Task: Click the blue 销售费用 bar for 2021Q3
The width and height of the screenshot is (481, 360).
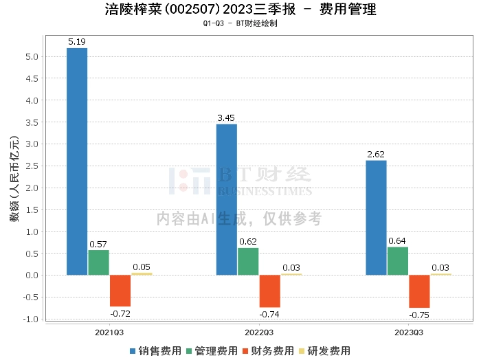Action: click(x=77, y=161)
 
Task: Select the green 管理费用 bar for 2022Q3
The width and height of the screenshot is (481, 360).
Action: click(x=248, y=261)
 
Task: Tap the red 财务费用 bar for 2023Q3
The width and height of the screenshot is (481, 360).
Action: click(x=419, y=291)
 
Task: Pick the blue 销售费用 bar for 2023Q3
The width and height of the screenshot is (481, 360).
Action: click(x=376, y=218)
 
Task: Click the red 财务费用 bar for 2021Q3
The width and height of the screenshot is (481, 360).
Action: click(x=120, y=291)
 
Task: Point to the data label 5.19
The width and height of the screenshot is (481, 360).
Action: click(x=77, y=42)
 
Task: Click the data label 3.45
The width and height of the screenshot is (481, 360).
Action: click(x=226, y=117)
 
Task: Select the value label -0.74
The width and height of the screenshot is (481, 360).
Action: click(x=269, y=314)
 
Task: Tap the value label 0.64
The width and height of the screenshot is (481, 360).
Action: click(x=397, y=241)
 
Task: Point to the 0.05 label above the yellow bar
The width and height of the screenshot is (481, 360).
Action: click(x=142, y=267)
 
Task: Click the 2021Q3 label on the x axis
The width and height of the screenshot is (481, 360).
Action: click(x=109, y=333)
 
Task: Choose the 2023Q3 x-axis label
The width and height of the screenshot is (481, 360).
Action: click(x=409, y=333)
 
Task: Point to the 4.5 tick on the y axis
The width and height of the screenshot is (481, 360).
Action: click(x=32, y=78)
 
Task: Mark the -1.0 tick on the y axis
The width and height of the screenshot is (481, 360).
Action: click(x=30, y=319)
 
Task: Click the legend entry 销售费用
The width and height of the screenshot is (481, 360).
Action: click(x=156, y=351)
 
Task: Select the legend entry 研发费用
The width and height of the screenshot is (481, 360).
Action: click(x=325, y=351)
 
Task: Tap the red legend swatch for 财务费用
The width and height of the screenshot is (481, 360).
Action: click(x=245, y=351)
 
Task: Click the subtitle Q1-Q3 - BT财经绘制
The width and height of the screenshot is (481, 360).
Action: click(x=240, y=23)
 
